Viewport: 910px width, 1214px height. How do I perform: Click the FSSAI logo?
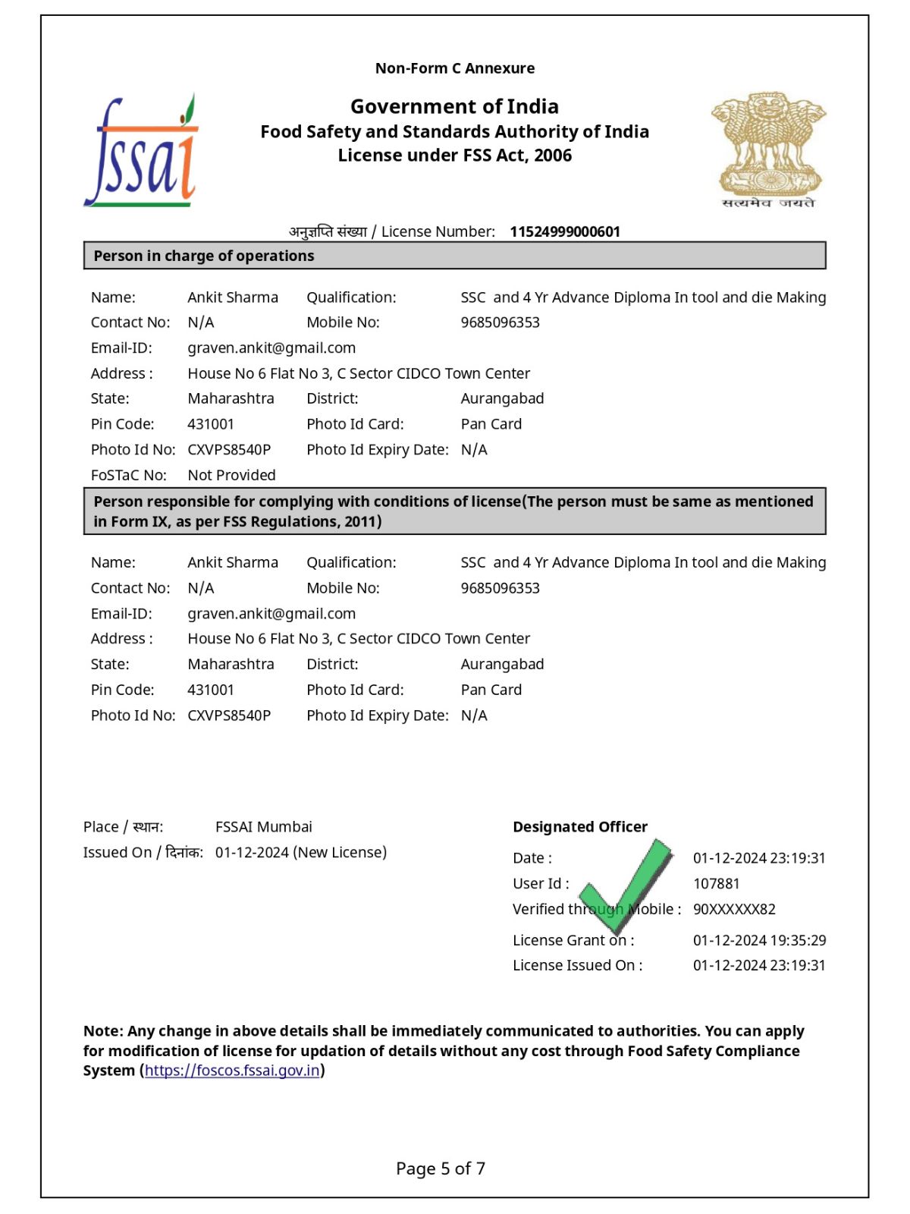(141, 152)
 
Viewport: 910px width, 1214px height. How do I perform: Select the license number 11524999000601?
(565, 231)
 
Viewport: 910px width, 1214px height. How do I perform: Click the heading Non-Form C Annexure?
(455, 68)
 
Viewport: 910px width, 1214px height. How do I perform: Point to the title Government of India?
(454, 106)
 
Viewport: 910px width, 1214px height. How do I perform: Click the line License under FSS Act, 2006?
(455, 156)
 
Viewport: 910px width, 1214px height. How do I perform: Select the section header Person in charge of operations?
(204, 256)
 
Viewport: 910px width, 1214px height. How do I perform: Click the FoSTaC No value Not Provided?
(231, 475)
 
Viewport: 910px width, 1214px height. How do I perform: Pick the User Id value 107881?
(716, 883)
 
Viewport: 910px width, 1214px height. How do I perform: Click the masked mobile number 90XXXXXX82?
(734, 909)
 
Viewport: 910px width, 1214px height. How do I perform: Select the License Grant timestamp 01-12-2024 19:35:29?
(759, 940)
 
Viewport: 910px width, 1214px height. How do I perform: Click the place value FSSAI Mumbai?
(263, 826)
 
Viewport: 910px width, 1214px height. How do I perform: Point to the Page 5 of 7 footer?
(441, 1168)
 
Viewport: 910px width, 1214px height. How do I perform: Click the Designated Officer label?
(580, 826)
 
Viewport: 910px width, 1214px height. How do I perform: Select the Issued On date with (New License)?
(300, 852)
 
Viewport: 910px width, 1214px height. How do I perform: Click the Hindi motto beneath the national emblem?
(768, 203)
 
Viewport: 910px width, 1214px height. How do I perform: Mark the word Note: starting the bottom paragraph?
(103, 1031)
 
